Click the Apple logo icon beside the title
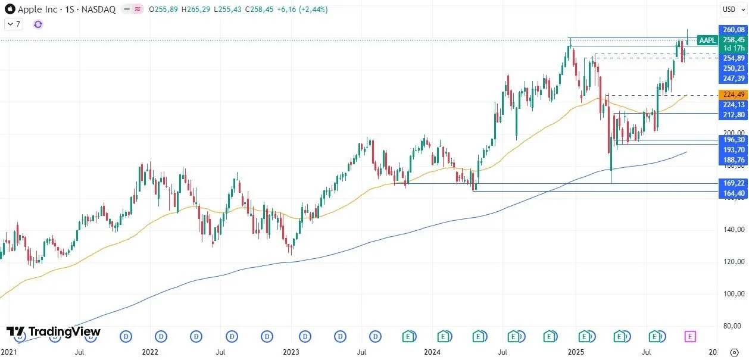tap(10, 10)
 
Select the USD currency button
tap(729, 9)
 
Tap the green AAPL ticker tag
tap(707, 40)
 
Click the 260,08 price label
tap(733, 30)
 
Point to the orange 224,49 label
tap(733, 95)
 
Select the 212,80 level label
tap(733, 114)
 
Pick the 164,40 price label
tap(733, 193)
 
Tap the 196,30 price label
tap(733, 140)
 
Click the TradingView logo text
tap(54, 331)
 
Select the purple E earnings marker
tap(689, 337)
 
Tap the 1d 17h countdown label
tap(733, 48)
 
